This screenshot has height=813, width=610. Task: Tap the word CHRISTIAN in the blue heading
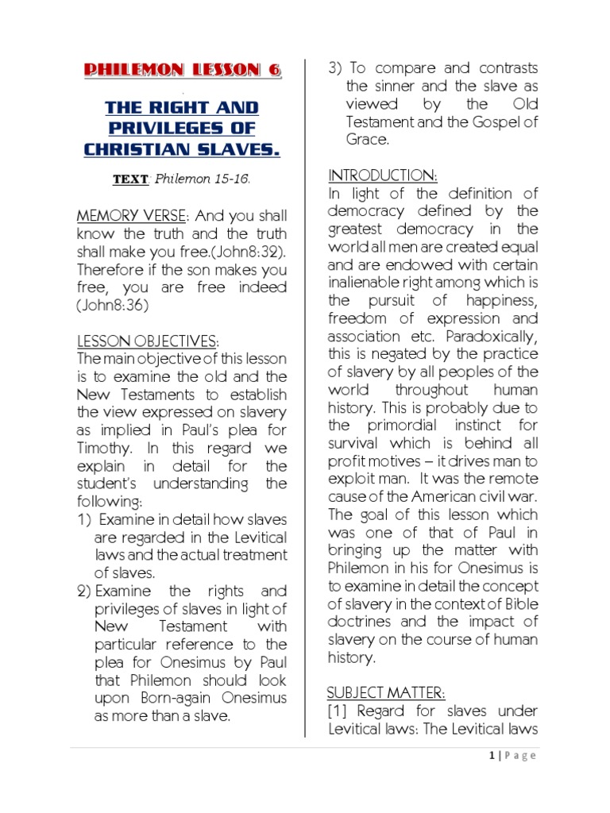point(145,148)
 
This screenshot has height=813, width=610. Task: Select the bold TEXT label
point(130,179)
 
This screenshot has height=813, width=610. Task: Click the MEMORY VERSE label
point(129,216)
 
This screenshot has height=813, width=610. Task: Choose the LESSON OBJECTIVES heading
point(147,341)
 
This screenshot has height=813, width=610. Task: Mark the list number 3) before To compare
point(335,68)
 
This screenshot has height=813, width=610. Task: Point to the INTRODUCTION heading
point(382,175)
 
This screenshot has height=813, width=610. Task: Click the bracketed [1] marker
point(339,711)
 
